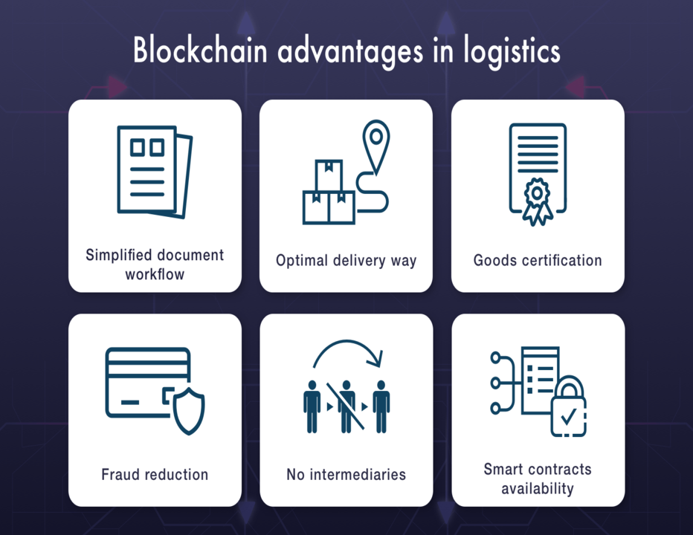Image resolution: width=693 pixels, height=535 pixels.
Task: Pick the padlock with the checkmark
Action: click(x=568, y=409)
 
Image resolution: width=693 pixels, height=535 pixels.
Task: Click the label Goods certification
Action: click(x=538, y=261)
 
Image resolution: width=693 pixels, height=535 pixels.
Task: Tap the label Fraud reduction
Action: click(x=155, y=474)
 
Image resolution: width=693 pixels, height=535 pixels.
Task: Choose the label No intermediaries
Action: click(x=346, y=474)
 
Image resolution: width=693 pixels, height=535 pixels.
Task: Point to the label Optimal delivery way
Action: click(x=346, y=261)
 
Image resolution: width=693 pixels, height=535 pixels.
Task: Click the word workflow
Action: click(x=155, y=274)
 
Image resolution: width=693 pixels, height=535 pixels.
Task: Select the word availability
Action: click(x=538, y=488)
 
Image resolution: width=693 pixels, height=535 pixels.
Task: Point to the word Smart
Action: click(x=503, y=470)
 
